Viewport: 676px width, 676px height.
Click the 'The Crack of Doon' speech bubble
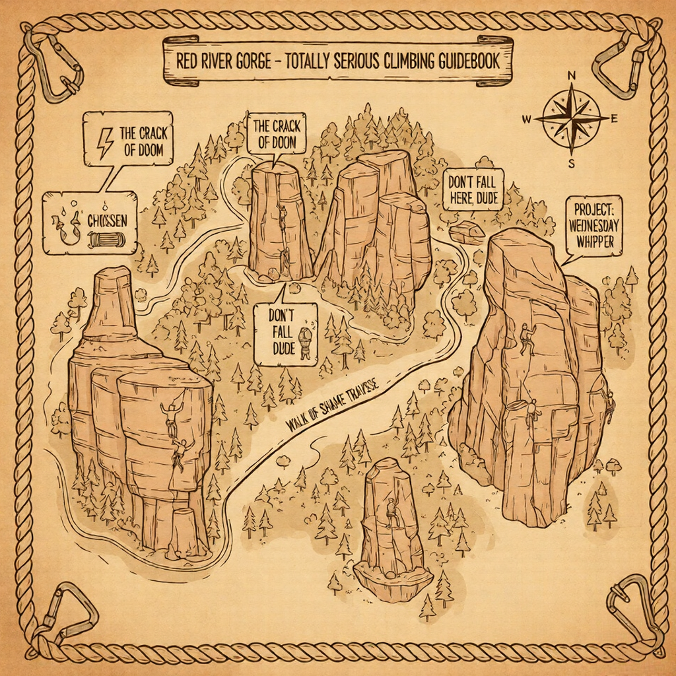click(275, 134)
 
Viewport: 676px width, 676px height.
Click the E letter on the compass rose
click(615, 119)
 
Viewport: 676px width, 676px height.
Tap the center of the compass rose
click(572, 118)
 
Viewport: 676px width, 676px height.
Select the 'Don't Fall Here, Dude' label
click(473, 189)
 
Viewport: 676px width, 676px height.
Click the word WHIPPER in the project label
click(594, 242)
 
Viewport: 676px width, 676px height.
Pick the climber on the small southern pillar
click(392, 512)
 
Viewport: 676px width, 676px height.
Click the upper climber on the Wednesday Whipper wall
click(527, 338)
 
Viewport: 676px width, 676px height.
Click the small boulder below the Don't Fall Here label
click(467, 232)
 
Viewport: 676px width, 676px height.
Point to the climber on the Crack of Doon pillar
click(283, 218)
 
